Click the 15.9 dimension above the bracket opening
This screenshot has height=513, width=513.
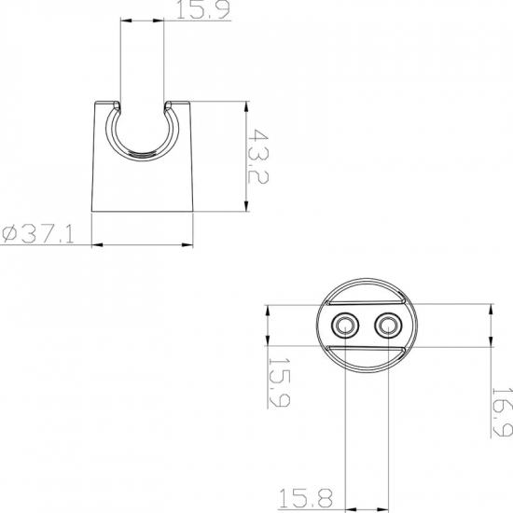(202, 9)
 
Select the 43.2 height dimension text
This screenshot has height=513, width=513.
(257, 156)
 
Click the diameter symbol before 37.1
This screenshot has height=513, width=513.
(10, 233)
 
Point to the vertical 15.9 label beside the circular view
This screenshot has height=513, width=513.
(279, 382)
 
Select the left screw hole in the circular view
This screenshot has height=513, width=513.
(345, 326)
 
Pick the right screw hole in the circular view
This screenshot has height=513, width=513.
(388, 326)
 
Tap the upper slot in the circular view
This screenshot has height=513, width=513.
(367, 302)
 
